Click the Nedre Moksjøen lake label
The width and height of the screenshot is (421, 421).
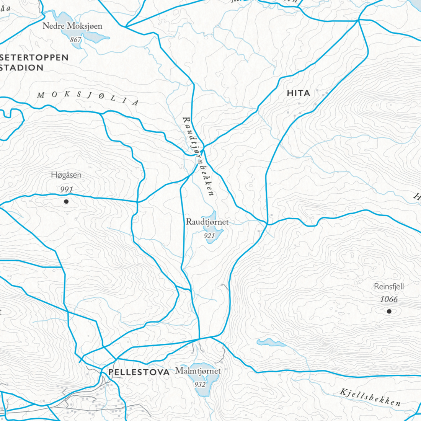(72, 26)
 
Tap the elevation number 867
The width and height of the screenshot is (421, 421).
(76, 40)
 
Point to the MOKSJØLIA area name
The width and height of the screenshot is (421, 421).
(88, 99)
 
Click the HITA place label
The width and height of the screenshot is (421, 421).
(298, 93)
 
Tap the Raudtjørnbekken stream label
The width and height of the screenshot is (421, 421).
(198, 157)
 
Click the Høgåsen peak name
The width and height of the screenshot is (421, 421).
(66, 175)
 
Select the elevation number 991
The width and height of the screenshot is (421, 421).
(66, 189)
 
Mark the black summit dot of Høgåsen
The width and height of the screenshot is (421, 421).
(66, 201)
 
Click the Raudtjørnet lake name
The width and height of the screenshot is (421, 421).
(207, 222)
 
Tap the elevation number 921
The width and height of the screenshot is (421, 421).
(209, 236)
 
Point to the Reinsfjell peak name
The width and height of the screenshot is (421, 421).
(388, 286)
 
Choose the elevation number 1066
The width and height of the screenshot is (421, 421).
(388, 299)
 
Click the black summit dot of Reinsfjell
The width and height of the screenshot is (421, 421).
(389, 311)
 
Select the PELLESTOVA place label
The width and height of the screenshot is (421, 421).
(139, 372)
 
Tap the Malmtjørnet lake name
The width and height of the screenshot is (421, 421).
(198, 371)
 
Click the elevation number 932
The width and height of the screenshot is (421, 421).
(200, 385)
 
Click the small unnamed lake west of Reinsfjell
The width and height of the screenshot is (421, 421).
(271, 342)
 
